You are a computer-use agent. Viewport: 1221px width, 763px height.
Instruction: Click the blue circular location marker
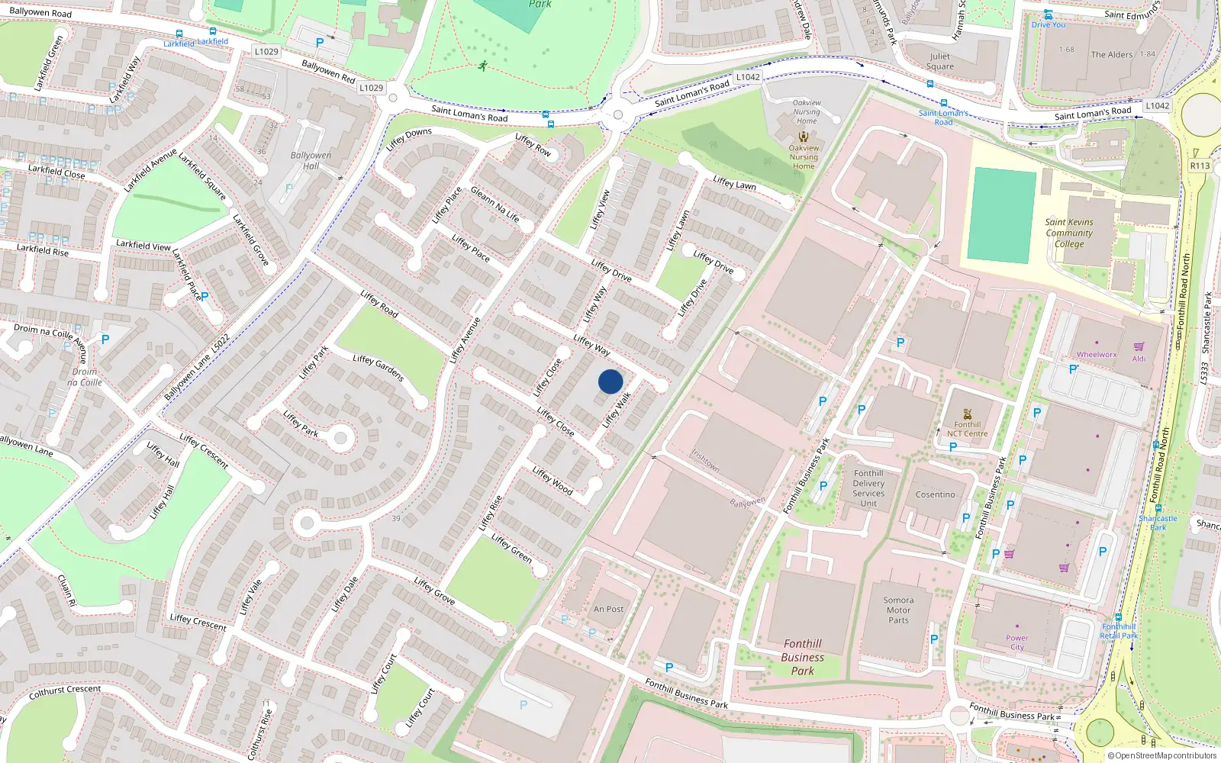610,381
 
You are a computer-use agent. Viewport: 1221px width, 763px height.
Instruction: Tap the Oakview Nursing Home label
804,157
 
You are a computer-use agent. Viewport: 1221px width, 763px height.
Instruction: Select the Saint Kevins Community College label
1069,233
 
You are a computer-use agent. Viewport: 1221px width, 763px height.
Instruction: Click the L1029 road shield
266,51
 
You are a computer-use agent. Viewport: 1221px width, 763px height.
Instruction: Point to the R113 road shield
1200,166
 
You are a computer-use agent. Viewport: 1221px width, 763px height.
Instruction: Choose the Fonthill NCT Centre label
967,429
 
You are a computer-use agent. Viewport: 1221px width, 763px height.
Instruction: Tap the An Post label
608,609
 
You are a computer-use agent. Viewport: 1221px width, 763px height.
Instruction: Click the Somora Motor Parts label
898,610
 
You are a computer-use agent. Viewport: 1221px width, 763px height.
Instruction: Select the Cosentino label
935,494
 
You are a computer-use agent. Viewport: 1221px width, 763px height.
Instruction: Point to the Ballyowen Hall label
311,160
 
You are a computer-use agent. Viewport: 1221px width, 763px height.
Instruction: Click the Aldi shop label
1139,359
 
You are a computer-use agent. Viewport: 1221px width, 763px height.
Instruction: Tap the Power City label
1016,642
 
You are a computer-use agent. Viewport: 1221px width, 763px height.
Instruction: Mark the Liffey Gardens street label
378,367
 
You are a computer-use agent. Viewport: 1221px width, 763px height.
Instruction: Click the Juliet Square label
939,61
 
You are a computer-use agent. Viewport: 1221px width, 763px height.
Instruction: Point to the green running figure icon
482,66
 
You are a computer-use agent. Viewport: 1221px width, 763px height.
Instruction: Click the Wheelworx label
1096,354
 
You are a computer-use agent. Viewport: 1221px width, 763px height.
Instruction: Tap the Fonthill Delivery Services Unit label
868,488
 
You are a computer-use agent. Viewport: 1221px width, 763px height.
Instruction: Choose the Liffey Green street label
511,548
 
